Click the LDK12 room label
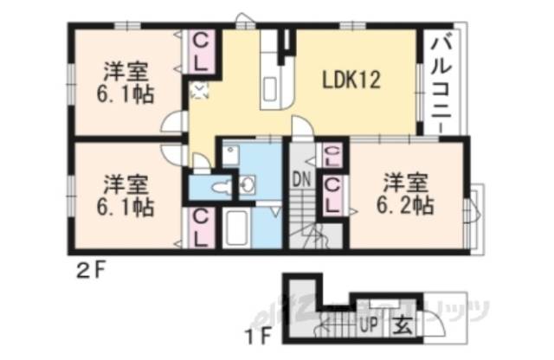(x=352, y=80)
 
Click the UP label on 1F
(x=368, y=327)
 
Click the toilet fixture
(x=223, y=187)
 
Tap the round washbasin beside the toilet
(x=249, y=184)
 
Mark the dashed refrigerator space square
(x=198, y=87)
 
